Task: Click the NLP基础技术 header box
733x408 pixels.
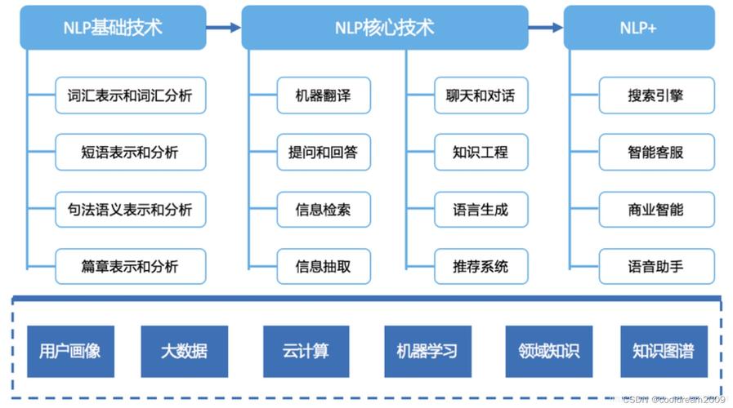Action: click(113, 27)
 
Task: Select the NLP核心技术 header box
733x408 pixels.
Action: click(384, 27)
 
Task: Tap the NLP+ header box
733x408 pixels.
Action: click(639, 27)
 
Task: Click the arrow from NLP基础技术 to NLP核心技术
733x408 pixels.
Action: click(223, 27)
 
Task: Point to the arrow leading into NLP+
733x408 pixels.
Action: click(545, 27)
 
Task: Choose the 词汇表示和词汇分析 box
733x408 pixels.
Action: click(130, 95)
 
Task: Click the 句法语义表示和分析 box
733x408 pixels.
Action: click(130, 210)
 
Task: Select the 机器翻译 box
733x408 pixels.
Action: click(324, 95)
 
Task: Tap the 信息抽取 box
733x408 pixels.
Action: click(324, 266)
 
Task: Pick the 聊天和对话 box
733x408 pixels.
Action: click(480, 95)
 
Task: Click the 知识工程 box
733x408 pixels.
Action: click(480, 153)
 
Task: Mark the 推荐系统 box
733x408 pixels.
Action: click(480, 266)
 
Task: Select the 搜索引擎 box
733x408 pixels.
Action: click(655, 95)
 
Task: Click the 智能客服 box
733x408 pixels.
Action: click(655, 153)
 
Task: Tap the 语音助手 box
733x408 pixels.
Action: click(655, 266)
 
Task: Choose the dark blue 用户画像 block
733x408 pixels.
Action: click(70, 352)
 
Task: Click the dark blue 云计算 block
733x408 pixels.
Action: click(306, 352)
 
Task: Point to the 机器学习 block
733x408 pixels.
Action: click(427, 352)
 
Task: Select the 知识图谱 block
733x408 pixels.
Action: click(663, 352)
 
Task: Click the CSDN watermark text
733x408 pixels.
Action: click(673, 399)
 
